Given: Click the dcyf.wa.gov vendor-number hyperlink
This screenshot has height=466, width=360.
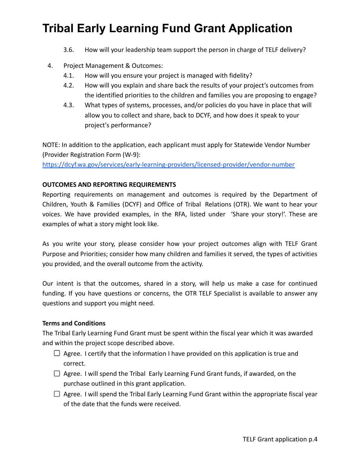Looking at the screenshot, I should click(168, 165).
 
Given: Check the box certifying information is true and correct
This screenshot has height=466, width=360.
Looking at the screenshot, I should click(57, 353).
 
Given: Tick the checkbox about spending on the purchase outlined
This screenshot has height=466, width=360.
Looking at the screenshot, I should click(57, 374).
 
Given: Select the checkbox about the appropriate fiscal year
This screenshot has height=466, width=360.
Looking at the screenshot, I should click(57, 394).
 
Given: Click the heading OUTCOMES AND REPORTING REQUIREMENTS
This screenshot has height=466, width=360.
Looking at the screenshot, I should click(109, 185).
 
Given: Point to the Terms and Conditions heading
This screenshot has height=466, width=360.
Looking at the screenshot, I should click(74, 323).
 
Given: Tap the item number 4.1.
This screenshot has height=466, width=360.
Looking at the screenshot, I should click(69, 76).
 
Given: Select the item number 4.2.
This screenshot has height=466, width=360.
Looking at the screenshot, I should click(69, 86).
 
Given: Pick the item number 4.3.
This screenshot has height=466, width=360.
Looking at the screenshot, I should click(69, 105).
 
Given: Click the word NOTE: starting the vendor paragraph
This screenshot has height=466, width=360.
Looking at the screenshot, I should click(51, 145).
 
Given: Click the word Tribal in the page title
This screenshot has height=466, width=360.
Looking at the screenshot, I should click(61, 28).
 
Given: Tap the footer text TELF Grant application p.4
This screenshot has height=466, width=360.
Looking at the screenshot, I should click(280, 439).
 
